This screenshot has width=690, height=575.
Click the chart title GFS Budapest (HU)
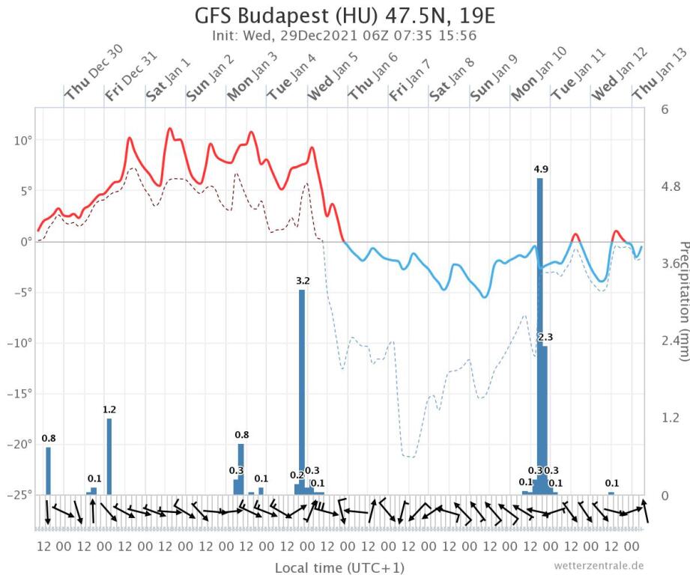pyautogui.click(x=345, y=16)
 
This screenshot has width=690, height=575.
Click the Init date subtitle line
pyautogui.click(x=345, y=35)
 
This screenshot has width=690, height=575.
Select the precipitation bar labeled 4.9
pyautogui.click(x=539, y=337)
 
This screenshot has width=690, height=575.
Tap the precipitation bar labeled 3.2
pyautogui.click(x=302, y=389)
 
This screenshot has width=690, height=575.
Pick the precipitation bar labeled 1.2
pyautogui.click(x=109, y=456)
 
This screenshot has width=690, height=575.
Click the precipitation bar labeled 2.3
pyautogui.click(x=545, y=419)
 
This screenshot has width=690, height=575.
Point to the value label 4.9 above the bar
pyautogui.click(x=541, y=170)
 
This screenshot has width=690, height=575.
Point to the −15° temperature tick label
pyautogui.click(x=19, y=394)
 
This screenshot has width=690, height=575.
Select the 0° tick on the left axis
pyautogui.click(x=24, y=242)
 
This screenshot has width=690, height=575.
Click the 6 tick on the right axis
pyautogui.click(x=665, y=109)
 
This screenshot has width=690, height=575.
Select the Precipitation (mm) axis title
pyautogui.click(x=683, y=299)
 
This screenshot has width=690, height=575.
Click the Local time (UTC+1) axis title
pyautogui.click(x=340, y=567)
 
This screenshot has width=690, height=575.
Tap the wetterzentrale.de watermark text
pyautogui.click(x=599, y=565)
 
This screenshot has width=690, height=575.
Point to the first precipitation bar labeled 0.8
pyautogui.click(x=49, y=471)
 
